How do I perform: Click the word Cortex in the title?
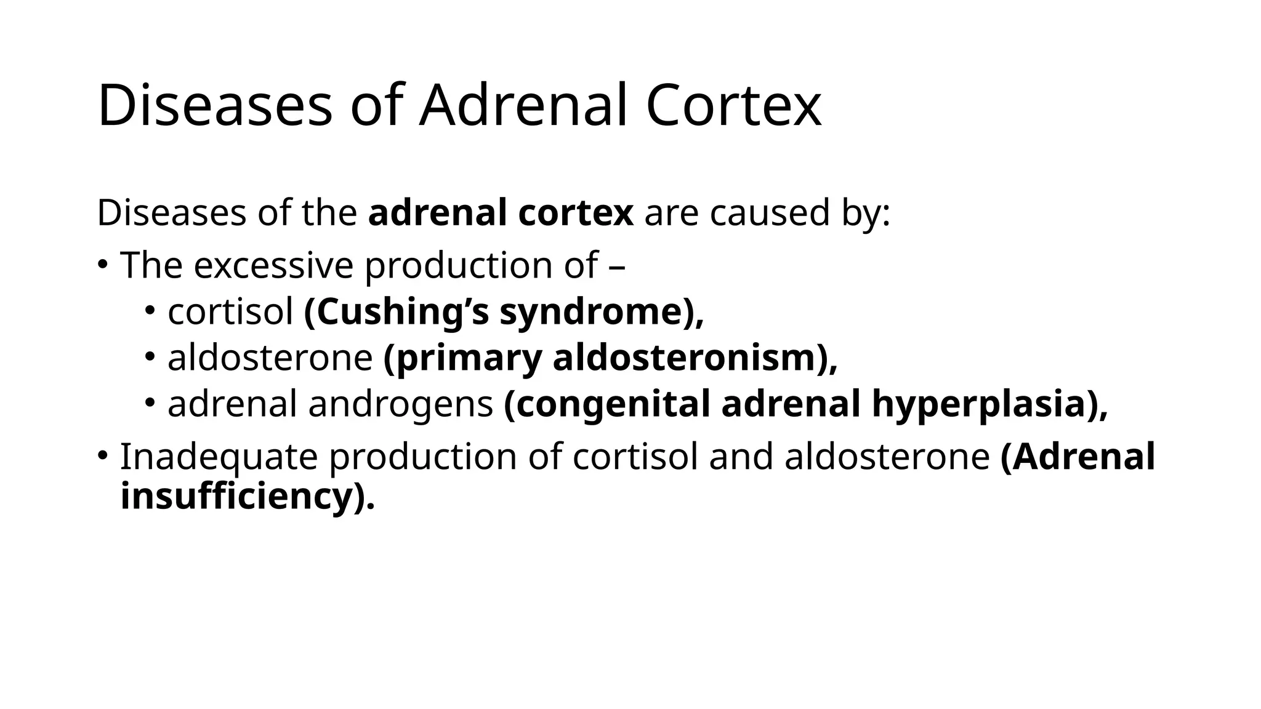coord(733,106)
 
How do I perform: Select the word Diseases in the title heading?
coord(215,106)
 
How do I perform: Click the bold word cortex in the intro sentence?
coord(576,213)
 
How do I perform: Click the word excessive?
coord(273,265)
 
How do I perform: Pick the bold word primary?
coord(462,358)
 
